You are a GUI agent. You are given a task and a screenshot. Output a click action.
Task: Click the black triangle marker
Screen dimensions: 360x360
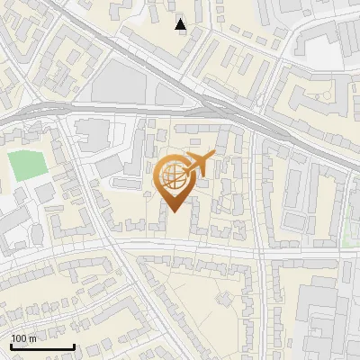(181, 24)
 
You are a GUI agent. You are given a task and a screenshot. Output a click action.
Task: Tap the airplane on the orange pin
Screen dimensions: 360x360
(199, 165)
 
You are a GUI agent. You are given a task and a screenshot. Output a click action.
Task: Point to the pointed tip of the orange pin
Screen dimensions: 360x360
(173, 211)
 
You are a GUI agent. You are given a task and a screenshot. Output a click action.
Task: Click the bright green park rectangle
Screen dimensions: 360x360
(28, 166)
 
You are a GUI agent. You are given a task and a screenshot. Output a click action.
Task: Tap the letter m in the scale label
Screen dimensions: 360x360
(32, 338)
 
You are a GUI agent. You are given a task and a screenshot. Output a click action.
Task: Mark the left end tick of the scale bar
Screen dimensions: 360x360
(10, 346)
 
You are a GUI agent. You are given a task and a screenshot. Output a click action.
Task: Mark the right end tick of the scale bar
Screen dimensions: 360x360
(74, 346)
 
